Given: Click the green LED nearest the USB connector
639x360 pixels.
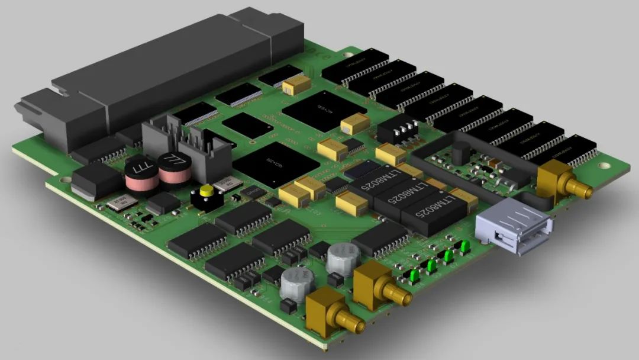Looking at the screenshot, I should click(x=466, y=247).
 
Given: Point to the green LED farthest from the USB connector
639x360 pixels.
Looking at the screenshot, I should click(x=415, y=275).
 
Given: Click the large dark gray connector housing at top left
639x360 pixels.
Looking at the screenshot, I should click(x=160, y=77).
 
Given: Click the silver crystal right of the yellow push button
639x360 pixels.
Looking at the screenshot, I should click(x=228, y=184).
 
